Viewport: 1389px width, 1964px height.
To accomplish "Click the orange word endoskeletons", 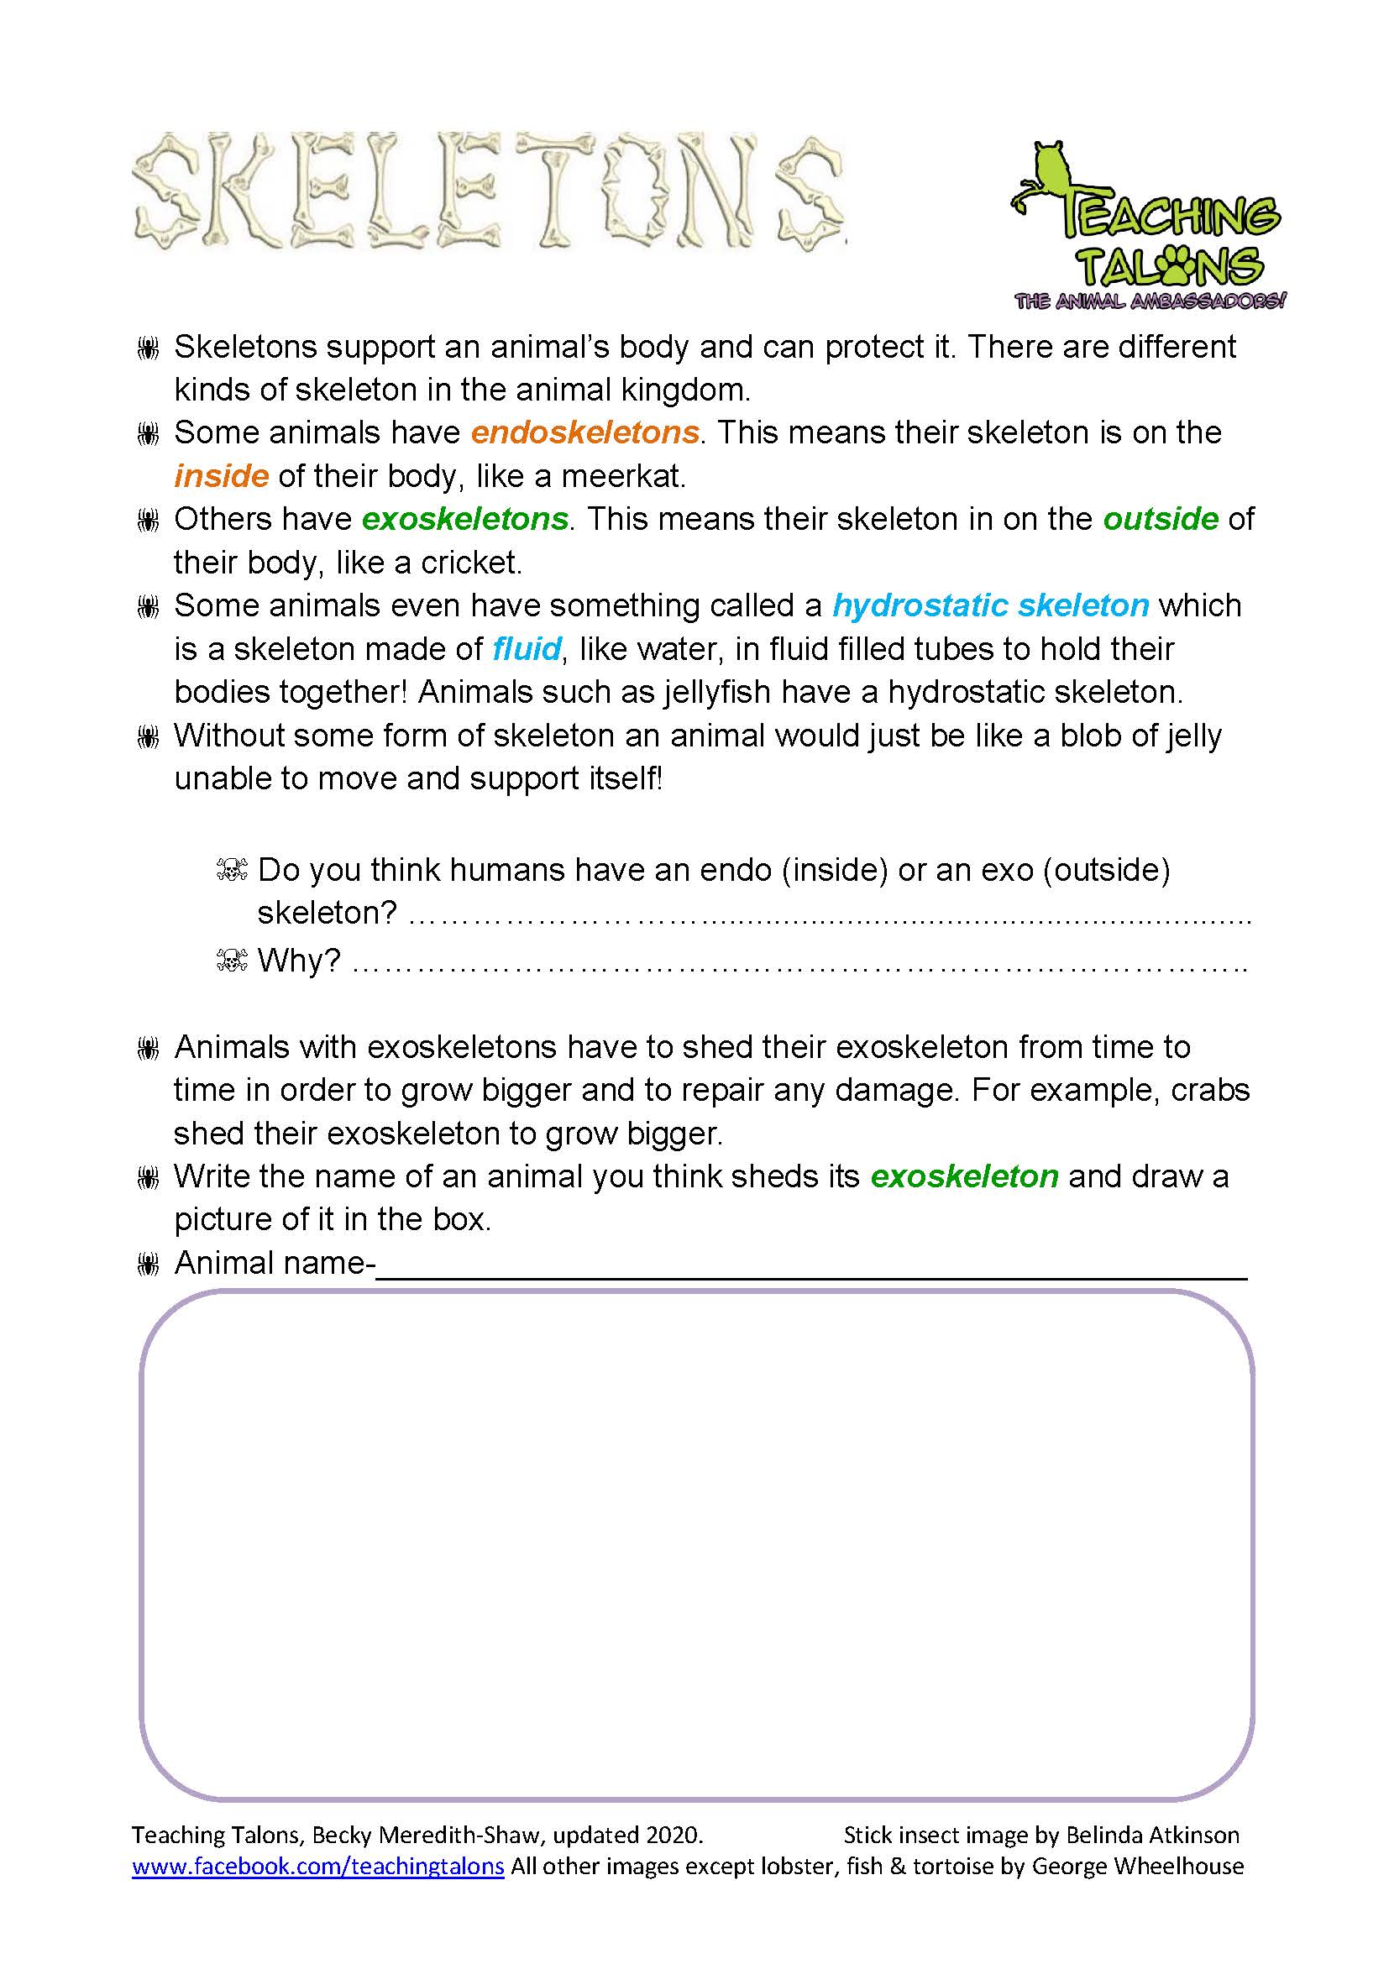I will point(585,432).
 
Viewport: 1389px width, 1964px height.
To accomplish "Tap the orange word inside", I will point(222,476).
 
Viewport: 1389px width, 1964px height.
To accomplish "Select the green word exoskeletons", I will point(465,519).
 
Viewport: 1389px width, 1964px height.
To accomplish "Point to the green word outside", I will point(1161,519).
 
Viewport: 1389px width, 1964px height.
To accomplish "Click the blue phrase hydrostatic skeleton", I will point(990,605).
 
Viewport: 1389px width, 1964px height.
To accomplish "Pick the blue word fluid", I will point(527,649).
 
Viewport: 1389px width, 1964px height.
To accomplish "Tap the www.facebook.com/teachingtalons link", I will point(317,1866).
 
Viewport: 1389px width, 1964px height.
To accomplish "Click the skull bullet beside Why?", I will point(232,961).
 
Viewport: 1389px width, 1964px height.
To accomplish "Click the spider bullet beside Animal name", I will point(148,1265).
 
